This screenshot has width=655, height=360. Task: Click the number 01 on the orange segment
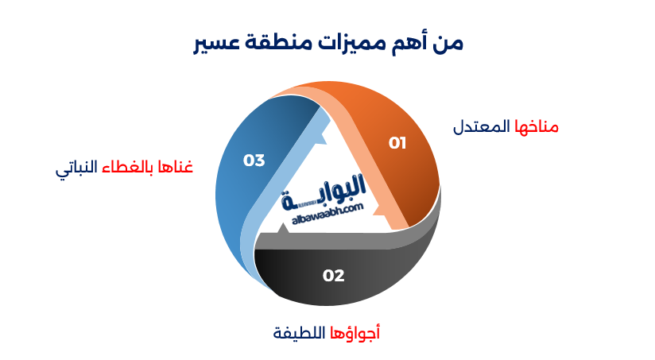(x=397, y=143)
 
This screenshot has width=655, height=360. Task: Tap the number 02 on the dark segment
(x=333, y=276)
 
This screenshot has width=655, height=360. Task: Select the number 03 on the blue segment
(x=254, y=161)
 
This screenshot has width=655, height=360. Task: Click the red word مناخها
(x=537, y=127)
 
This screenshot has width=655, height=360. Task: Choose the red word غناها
(x=177, y=168)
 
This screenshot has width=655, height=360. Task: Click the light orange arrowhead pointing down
(x=390, y=212)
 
